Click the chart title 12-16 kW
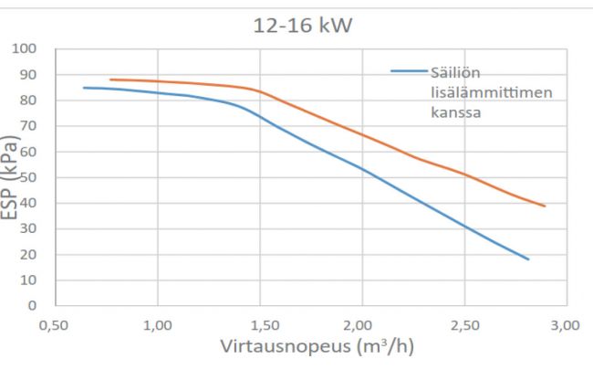[x=303, y=26]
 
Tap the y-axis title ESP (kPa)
[x=9, y=177]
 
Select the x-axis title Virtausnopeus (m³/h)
[x=317, y=345]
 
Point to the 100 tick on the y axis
[x=25, y=48]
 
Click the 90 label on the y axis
[x=28, y=75]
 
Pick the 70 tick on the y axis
[x=28, y=126]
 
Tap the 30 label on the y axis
[x=28, y=228]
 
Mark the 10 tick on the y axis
[x=28, y=280]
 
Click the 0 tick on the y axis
[x=33, y=305]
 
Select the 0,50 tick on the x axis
[x=54, y=325]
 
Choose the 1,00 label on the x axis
[x=157, y=325]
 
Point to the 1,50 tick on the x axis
[x=260, y=325]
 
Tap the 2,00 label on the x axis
[x=362, y=325]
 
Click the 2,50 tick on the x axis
[x=464, y=325]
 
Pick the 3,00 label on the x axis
[x=566, y=325]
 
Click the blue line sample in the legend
[x=410, y=71]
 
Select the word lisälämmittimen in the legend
[x=492, y=92]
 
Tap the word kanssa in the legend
[x=456, y=112]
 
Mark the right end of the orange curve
[x=545, y=206]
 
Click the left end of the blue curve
[x=84, y=88]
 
